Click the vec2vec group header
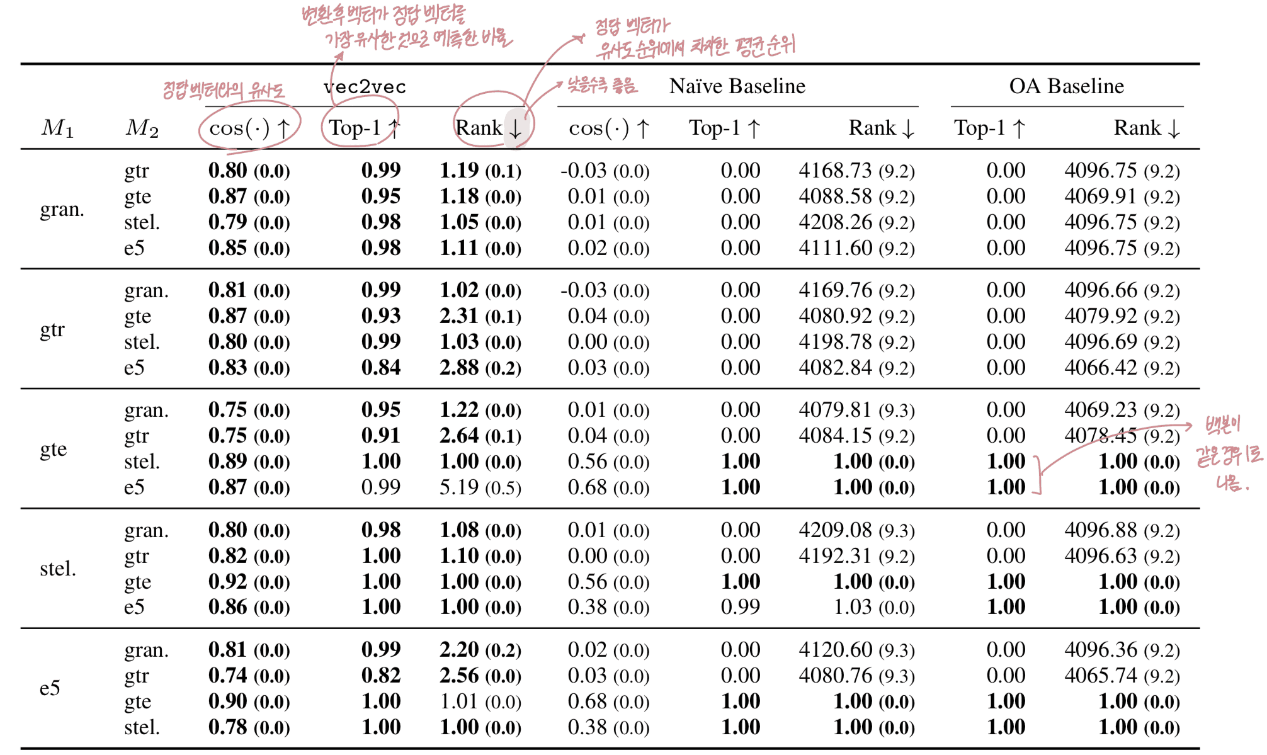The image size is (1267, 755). (365, 87)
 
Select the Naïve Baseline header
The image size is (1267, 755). (737, 86)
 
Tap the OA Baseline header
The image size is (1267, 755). (1066, 86)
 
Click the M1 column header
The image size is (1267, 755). (57, 128)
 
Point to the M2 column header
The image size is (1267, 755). (142, 128)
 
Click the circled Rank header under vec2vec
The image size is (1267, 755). (489, 128)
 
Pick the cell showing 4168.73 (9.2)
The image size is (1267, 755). (856, 171)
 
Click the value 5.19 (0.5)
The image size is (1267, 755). (480, 487)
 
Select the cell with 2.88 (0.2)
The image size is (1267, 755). (480, 368)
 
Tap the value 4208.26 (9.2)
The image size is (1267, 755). (856, 222)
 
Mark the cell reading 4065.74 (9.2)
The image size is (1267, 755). (1122, 676)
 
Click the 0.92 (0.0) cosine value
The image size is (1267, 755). (249, 582)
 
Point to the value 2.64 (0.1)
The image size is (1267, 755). (480, 436)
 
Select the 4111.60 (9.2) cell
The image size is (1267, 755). (856, 248)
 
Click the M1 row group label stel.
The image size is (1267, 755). (57, 569)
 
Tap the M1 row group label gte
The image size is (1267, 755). (53, 450)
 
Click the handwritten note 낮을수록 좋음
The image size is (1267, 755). (602, 85)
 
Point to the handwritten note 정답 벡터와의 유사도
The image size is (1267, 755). (224, 90)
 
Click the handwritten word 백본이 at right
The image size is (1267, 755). (1222, 426)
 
